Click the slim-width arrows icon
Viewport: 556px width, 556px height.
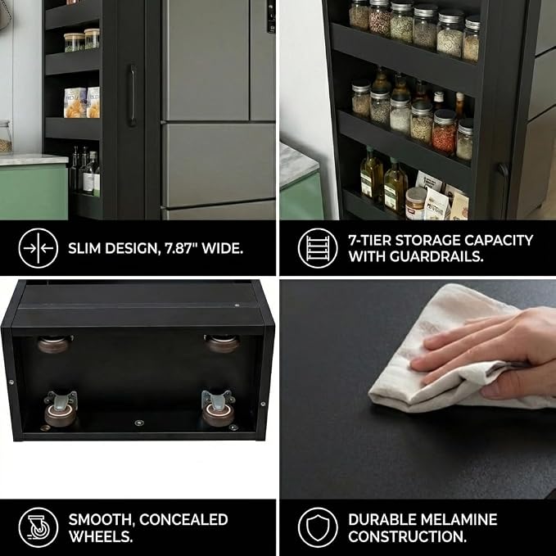click(38, 248)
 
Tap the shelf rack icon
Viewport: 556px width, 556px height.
click(318, 248)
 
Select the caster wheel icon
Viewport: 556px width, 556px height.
click(38, 527)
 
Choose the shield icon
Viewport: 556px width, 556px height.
click(318, 527)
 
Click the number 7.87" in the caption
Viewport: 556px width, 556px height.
click(179, 249)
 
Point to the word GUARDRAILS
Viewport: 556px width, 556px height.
click(436, 256)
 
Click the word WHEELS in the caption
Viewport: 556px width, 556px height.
click(101, 536)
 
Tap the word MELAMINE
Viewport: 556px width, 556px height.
click(458, 519)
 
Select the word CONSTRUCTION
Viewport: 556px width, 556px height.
click(407, 536)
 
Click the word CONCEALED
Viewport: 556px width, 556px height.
click(183, 519)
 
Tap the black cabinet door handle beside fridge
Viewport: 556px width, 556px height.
click(133, 95)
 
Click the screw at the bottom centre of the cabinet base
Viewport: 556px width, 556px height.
click(139, 423)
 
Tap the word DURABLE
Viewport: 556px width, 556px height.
click(381, 519)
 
